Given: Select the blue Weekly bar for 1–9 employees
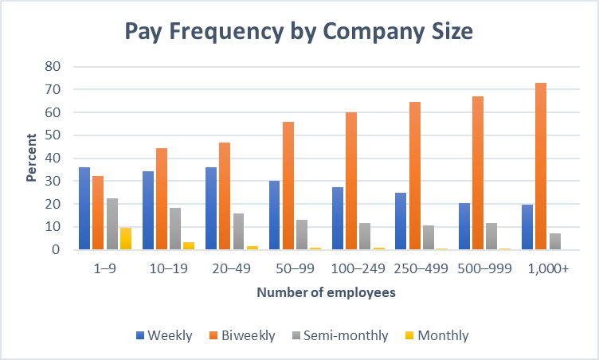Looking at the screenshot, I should [84, 208].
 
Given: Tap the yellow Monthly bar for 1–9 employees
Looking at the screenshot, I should [125, 238].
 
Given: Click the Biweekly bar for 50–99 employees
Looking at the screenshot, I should [288, 186].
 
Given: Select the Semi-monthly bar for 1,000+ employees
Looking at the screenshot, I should [555, 241].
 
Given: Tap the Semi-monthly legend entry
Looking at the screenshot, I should [339, 335].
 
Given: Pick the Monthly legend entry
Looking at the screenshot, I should [439, 335].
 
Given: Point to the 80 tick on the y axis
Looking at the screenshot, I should [53, 67].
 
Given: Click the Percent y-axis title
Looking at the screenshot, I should [31, 158].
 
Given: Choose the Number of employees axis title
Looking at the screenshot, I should [326, 293].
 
